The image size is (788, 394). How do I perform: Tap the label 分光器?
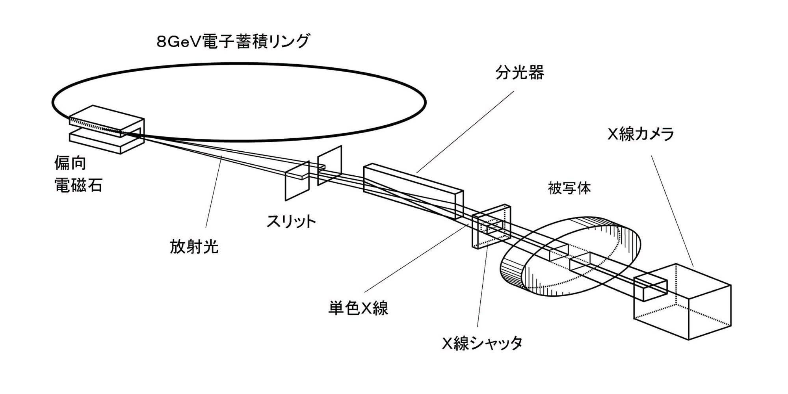coord(520,73)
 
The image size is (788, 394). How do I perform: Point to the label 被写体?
coord(569,188)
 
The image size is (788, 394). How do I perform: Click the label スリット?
coord(291,221)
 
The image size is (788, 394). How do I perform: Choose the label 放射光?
coord(194,247)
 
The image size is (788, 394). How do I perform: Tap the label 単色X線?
coord(358,308)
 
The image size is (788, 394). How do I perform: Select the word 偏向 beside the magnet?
coord(70,163)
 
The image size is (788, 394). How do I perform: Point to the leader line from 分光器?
coord(465,132)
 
